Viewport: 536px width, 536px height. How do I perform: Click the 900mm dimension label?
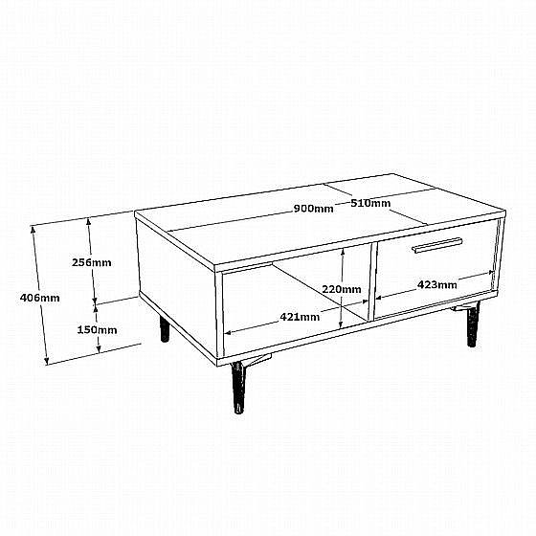pyautogui.click(x=314, y=209)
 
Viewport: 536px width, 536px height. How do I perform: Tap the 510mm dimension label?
pyautogui.click(x=370, y=203)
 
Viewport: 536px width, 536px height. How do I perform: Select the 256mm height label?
pyautogui.click(x=92, y=262)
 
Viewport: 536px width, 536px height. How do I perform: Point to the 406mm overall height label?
pyautogui.click(x=39, y=298)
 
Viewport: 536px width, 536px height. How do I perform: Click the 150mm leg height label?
pyautogui.click(x=97, y=330)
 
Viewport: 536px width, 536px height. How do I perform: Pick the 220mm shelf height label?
pyautogui.click(x=342, y=289)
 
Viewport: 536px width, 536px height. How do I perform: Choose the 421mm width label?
pyautogui.click(x=300, y=317)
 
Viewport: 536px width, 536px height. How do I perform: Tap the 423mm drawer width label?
pyautogui.click(x=436, y=284)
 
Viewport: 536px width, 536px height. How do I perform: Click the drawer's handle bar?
pyautogui.click(x=437, y=245)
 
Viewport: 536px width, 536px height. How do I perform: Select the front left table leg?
pyautogui.click(x=239, y=387)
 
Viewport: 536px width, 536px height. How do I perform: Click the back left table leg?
pyautogui.click(x=165, y=328)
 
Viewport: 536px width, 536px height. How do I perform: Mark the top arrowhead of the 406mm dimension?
pyautogui.click(x=33, y=228)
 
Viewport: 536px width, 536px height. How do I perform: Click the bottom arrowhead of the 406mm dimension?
pyautogui.click(x=47, y=362)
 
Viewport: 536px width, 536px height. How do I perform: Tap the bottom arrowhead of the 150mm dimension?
pyautogui.click(x=99, y=349)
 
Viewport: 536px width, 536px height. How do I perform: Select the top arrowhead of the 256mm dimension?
pyautogui.click(x=88, y=221)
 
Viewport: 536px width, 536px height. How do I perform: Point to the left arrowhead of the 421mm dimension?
pyautogui.click(x=228, y=332)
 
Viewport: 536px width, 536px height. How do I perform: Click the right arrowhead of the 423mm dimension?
pyautogui.click(x=492, y=273)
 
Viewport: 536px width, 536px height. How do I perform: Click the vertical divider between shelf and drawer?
pyautogui.click(x=372, y=281)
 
